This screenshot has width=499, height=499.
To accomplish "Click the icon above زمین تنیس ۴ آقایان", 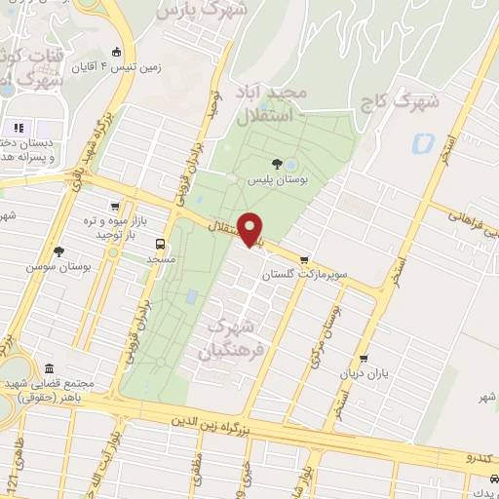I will click(x=117, y=52).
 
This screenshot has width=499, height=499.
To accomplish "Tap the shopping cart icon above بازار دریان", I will click(x=363, y=358).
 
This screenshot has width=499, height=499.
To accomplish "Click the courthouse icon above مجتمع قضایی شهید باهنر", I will click(x=50, y=367).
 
